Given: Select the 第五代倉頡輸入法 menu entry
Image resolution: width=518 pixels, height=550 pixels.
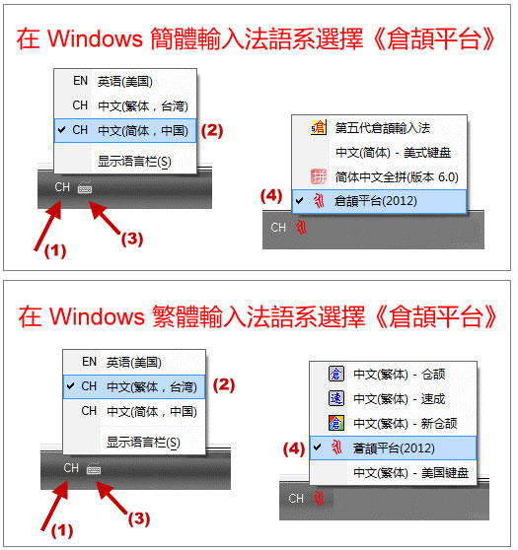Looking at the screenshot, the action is click(x=383, y=128).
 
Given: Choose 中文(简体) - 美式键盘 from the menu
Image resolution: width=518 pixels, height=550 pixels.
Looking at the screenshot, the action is click(x=393, y=153).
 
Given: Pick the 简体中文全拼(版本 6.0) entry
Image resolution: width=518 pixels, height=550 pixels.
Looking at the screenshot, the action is click(x=397, y=177).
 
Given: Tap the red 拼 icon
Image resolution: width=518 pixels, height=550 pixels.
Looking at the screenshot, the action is click(x=319, y=176).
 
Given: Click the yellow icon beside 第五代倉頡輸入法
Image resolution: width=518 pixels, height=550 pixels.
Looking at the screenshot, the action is click(x=319, y=127).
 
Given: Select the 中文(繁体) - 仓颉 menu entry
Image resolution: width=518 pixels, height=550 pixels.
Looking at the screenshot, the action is click(x=400, y=375).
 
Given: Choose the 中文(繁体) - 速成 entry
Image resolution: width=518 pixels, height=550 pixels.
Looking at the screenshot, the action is click(x=400, y=399).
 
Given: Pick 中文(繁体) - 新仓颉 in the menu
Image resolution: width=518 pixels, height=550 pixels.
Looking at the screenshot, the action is click(x=406, y=424).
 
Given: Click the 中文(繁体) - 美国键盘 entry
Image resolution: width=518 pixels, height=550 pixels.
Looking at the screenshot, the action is click(x=410, y=473).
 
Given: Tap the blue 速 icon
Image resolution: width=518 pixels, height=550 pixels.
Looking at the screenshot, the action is click(x=336, y=398).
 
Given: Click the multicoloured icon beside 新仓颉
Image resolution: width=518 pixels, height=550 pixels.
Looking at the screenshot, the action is click(x=336, y=423).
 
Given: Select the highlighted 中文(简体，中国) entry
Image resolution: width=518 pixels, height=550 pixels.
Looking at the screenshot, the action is click(x=143, y=130).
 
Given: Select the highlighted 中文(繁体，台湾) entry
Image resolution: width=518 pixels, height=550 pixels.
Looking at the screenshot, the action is click(x=152, y=387).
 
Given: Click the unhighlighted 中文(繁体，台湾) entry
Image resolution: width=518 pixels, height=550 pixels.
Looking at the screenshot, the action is click(x=143, y=105).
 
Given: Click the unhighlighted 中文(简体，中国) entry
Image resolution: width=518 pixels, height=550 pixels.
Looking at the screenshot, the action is click(x=152, y=411).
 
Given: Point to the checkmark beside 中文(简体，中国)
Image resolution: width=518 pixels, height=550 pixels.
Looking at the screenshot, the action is click(x=62, y=130).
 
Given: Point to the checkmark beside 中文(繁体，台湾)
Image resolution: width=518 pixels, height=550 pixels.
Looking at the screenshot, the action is click(x=71, y=386).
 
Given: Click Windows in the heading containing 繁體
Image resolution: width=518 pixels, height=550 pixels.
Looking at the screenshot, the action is click(x=97, y=316).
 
